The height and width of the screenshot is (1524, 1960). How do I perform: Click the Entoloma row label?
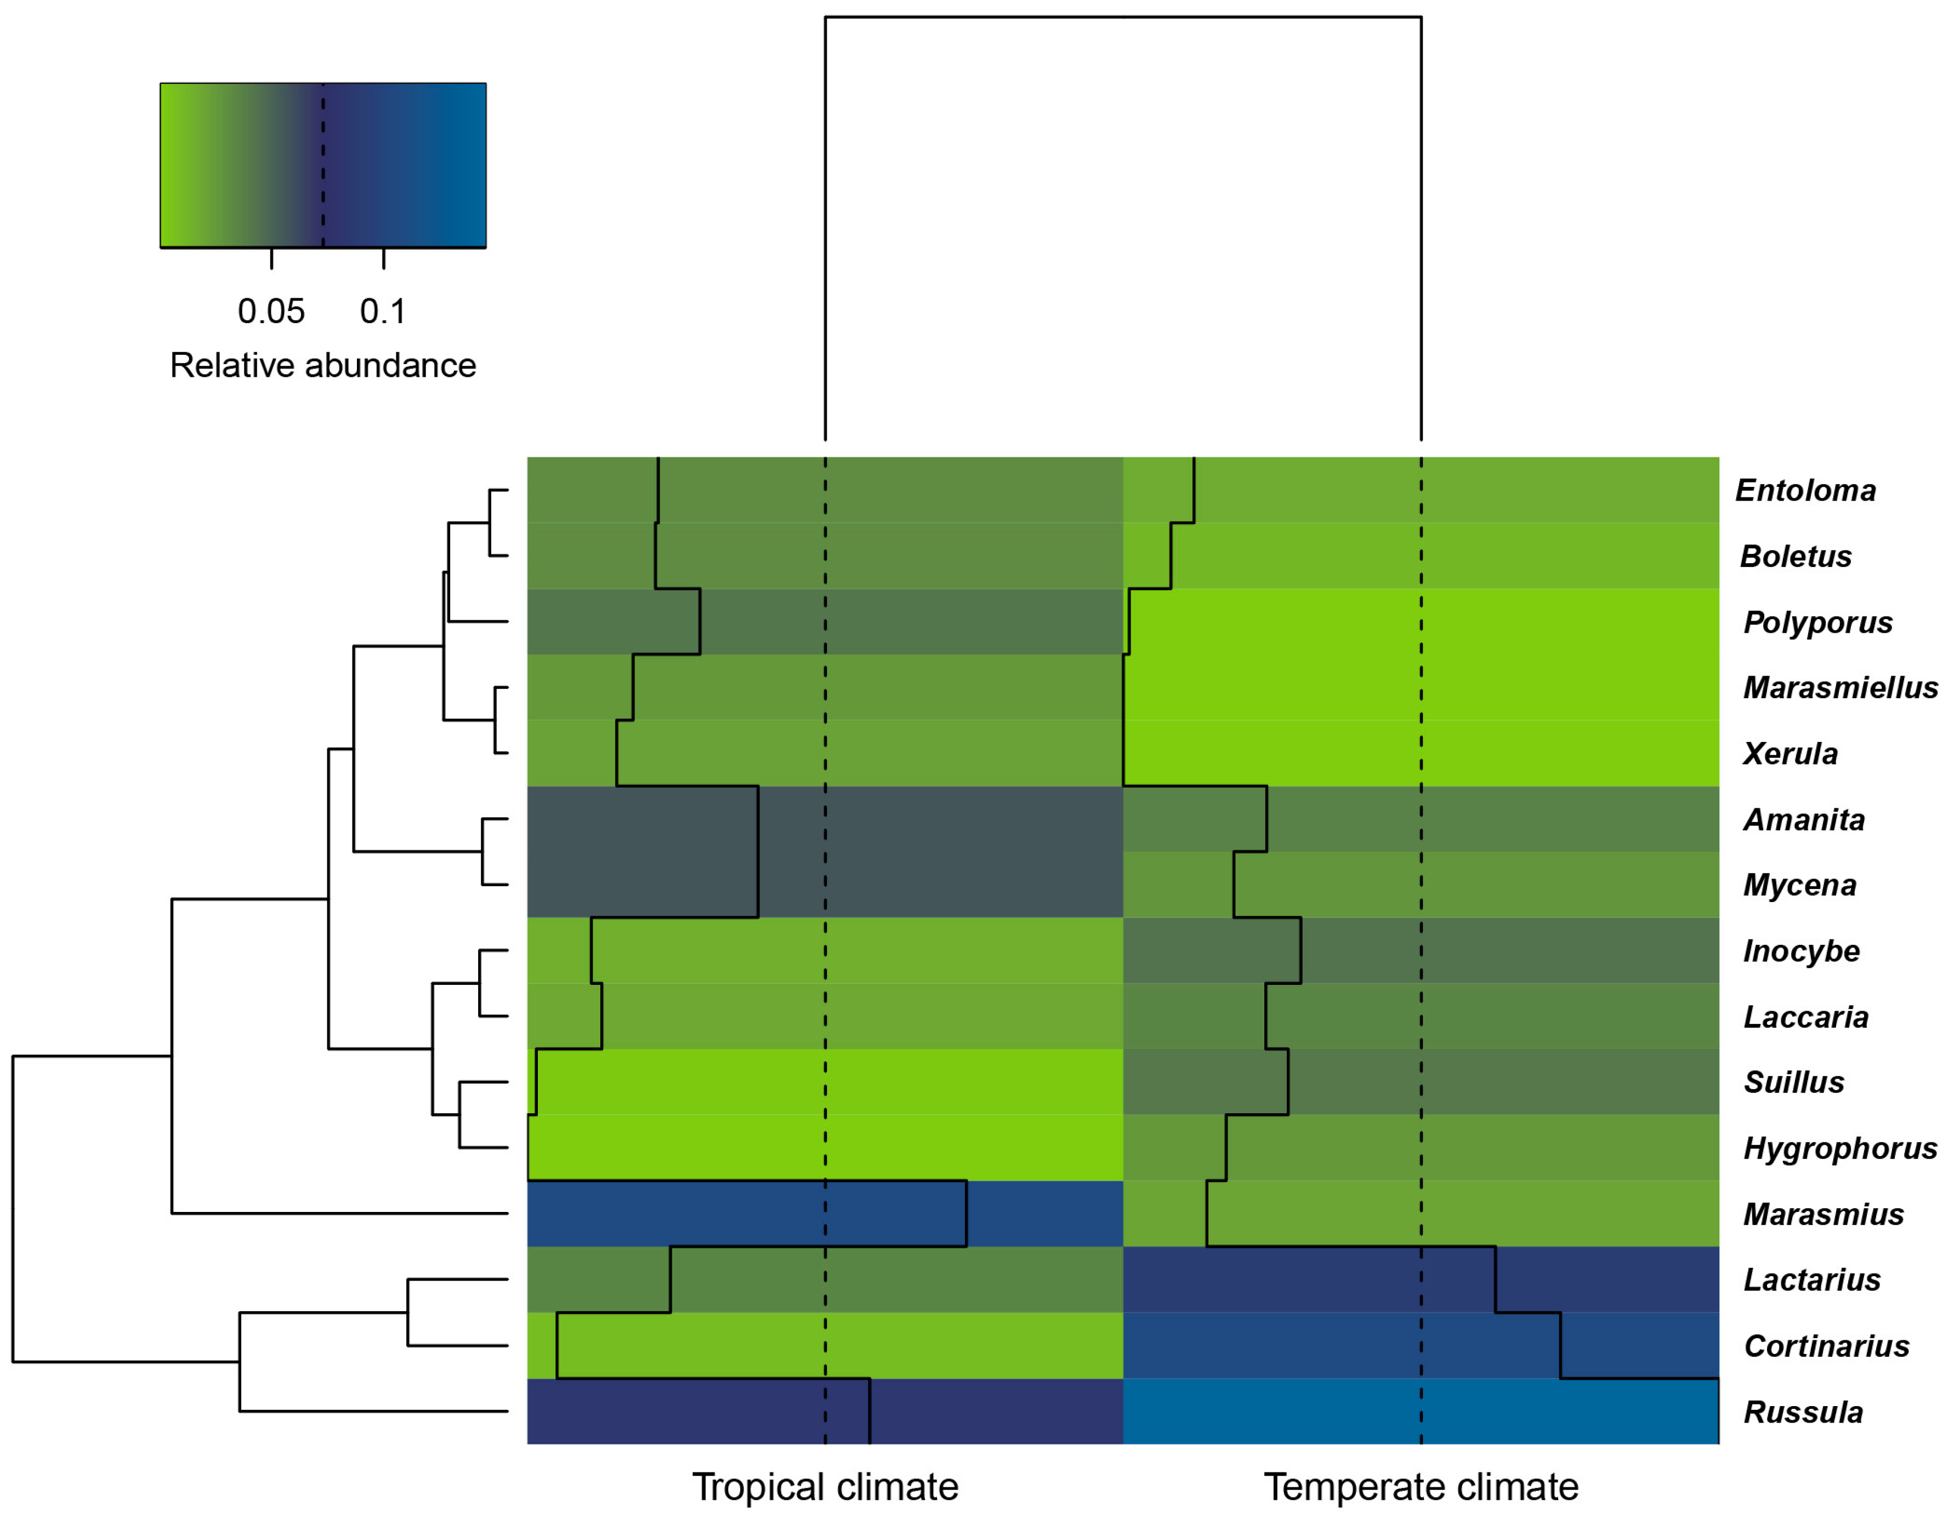1805,491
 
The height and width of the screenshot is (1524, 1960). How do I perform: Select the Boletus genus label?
1795,557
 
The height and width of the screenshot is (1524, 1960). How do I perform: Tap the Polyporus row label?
1817,622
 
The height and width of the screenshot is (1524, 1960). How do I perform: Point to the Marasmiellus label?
1840,688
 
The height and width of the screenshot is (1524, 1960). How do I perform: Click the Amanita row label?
1804,819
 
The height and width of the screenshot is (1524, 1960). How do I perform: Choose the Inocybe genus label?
1801,950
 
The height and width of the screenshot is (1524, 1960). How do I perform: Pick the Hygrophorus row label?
1840,1148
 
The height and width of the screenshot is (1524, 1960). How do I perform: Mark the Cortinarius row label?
1826,1345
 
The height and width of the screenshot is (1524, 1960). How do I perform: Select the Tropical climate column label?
825,1487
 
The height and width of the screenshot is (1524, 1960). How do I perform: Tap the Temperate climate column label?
1421,1487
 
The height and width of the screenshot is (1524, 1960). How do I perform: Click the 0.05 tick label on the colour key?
271,311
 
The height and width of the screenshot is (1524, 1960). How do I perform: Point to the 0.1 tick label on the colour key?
383,311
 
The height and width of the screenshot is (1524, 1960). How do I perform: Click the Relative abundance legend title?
323,365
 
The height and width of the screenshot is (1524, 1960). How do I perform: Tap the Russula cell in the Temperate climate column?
1421,1411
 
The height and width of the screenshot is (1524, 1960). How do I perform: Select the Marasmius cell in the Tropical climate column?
825,1214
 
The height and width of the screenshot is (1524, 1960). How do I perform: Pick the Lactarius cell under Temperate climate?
1421,1279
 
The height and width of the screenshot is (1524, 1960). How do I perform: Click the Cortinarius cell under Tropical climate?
825,1345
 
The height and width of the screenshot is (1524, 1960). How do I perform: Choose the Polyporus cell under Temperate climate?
1421,621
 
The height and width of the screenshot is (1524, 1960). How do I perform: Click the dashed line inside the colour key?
323,165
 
